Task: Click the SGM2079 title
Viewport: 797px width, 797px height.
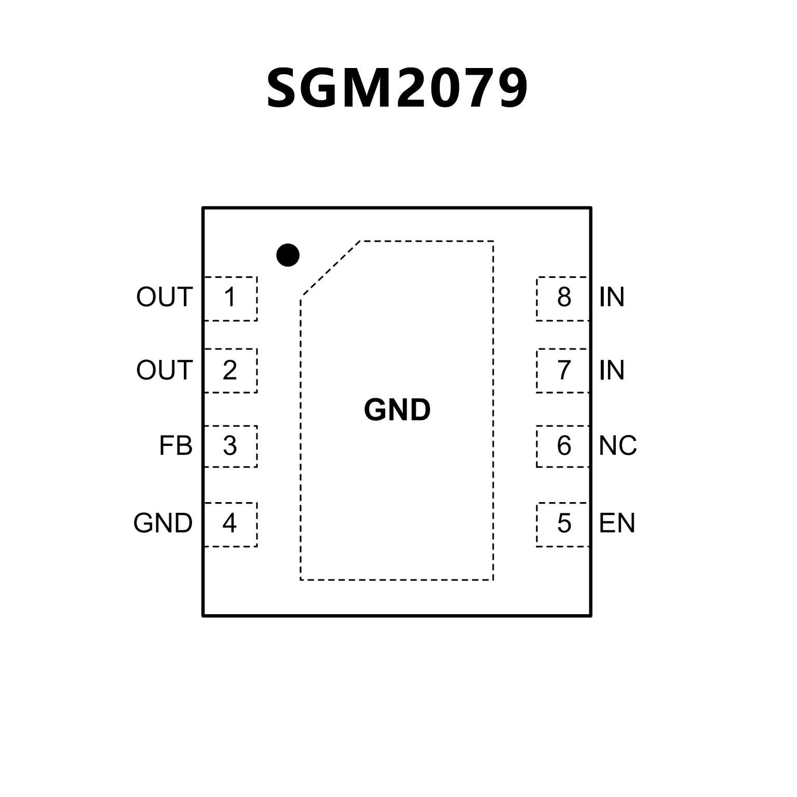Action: pyautogui.click(x=397, y=89)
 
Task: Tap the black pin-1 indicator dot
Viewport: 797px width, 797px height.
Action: pyautogui.click(x=288, y=255)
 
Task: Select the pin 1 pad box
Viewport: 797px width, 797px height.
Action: pyautogui.click(x=231, y=299)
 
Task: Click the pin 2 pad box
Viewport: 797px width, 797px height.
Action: pyautogui.click(x=231, y=370)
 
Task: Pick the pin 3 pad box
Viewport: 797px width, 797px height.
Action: pyautogui.click(x=231, y=446)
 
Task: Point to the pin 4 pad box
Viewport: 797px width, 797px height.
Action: pyautogui.click(x=231, y=524)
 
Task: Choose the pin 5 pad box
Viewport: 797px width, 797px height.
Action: pyautogui.click(x=563, y=524)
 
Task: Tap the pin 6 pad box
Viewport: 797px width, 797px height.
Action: pyautogui.click(x=563, y=446)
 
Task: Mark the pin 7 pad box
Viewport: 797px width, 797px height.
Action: pyautogui.click(x=563, y=370)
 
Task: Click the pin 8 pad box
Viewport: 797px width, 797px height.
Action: pyautogui.click(x=563, y=299)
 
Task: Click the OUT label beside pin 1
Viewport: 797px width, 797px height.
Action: pyautogui.click(x=164, y=298)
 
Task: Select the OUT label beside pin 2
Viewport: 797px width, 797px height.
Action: pyautogui.click(x=164, y=370)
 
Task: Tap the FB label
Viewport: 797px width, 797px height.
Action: pyautogui.click(x=175, y=446)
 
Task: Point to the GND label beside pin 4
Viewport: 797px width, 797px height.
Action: pyautogui.click(x=163, y=523)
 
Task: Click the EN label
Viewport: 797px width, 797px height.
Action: pyautogui.click(x=617, y=523)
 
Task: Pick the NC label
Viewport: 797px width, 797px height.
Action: pyautogui.click(x=617, y=446)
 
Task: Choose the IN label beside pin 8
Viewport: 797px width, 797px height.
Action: pyautogui.click(x=611, y=298)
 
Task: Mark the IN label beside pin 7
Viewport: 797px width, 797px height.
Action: pyautogui.click(x=611, y=370)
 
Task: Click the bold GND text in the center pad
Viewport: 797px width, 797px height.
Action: pyautogui.click(x=397, y=410)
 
